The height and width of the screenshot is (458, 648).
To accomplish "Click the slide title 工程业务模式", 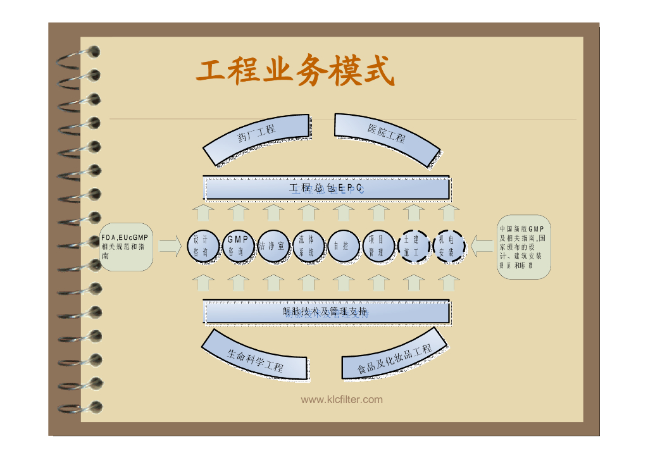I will [x=295, y=71].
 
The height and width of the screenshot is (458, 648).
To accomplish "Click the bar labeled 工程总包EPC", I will [x=326, y=189].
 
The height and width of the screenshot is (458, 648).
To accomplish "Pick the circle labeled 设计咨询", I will [x=201, y=245].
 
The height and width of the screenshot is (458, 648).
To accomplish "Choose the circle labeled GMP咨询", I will [x=237, y=245].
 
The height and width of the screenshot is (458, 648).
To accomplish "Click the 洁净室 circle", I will [x=273, y=245].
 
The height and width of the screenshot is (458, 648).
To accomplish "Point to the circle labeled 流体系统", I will [x=308, y=245].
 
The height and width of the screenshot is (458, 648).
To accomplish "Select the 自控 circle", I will [x=342, y=245].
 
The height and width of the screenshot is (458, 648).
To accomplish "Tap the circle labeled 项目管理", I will [x=378, y=245].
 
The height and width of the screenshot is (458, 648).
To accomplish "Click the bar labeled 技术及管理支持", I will [x=326, y=311].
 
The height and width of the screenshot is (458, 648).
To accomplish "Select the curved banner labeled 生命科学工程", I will [x=256, y=357].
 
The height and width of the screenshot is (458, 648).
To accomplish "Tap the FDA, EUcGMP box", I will [x=126, y=247].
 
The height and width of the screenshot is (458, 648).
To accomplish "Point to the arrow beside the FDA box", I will [x=170, y=246].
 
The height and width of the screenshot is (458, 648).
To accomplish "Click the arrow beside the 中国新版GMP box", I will [x=482, y=246].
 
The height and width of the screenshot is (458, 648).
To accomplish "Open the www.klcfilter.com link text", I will [x=342, y=400].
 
